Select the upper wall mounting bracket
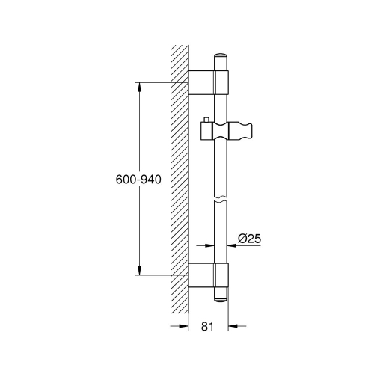207,82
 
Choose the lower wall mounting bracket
207,275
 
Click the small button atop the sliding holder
206,120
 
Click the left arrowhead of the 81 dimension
182,327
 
